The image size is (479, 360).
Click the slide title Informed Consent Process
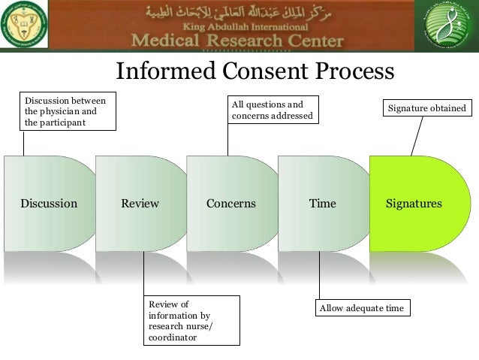point(255,71)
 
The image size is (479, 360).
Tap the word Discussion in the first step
point(49,204)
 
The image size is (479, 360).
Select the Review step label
point(140,204)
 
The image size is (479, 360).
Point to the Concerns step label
point(230,204)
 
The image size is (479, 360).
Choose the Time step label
point(323,204)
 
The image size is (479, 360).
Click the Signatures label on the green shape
point(414,204)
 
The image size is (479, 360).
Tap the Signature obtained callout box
point(426,109)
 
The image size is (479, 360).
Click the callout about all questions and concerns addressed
point(271,110)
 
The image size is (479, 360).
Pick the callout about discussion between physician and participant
point(67,110)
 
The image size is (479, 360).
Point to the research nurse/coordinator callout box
point(191,321)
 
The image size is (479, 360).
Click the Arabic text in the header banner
point(239,14)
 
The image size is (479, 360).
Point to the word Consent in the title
point(255,71)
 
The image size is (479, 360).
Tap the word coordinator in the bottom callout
point(173,338)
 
